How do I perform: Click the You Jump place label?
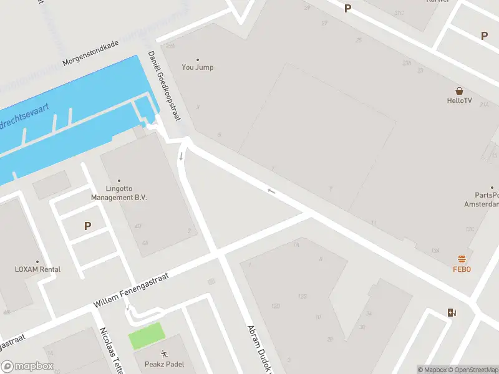click(x=197, y=67)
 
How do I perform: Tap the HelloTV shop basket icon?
click(x=459, y=90)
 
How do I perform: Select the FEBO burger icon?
click(x=462, y=259)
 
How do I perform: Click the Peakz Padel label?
click(x=164, y=364)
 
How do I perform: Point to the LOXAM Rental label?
click(x=37, y=269)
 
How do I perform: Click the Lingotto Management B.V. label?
click(x=119, y=193)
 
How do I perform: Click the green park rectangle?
click(x=147, y=336)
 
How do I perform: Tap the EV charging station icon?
click(x=451, y=313)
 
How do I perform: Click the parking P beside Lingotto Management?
click(x=87, y=226)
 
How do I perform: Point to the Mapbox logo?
click(x=27, y=367)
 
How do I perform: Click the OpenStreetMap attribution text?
click(x=472, y=370)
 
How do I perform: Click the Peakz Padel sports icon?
click(x=164, y=354)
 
